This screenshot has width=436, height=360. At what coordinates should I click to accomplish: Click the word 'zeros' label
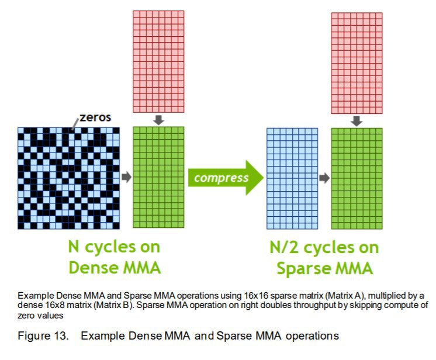[x=95, y=117]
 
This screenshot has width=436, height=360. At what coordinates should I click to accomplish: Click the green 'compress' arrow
[x=226, y=178]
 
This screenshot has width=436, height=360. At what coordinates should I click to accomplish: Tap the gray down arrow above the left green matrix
[x=158, y=120]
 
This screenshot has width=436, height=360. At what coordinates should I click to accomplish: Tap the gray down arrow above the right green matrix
[x=357, y=121]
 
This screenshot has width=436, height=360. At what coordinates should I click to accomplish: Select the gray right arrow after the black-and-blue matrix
[x=126, y=177]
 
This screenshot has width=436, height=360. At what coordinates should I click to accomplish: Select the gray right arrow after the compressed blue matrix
[x=324, y=178]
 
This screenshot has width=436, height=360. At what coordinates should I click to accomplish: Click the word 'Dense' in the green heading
[x=93, y=268]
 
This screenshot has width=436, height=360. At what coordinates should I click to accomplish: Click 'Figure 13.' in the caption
[x=43, y=335]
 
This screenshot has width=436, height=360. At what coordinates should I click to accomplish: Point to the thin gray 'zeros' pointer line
[x=75, y=124]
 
